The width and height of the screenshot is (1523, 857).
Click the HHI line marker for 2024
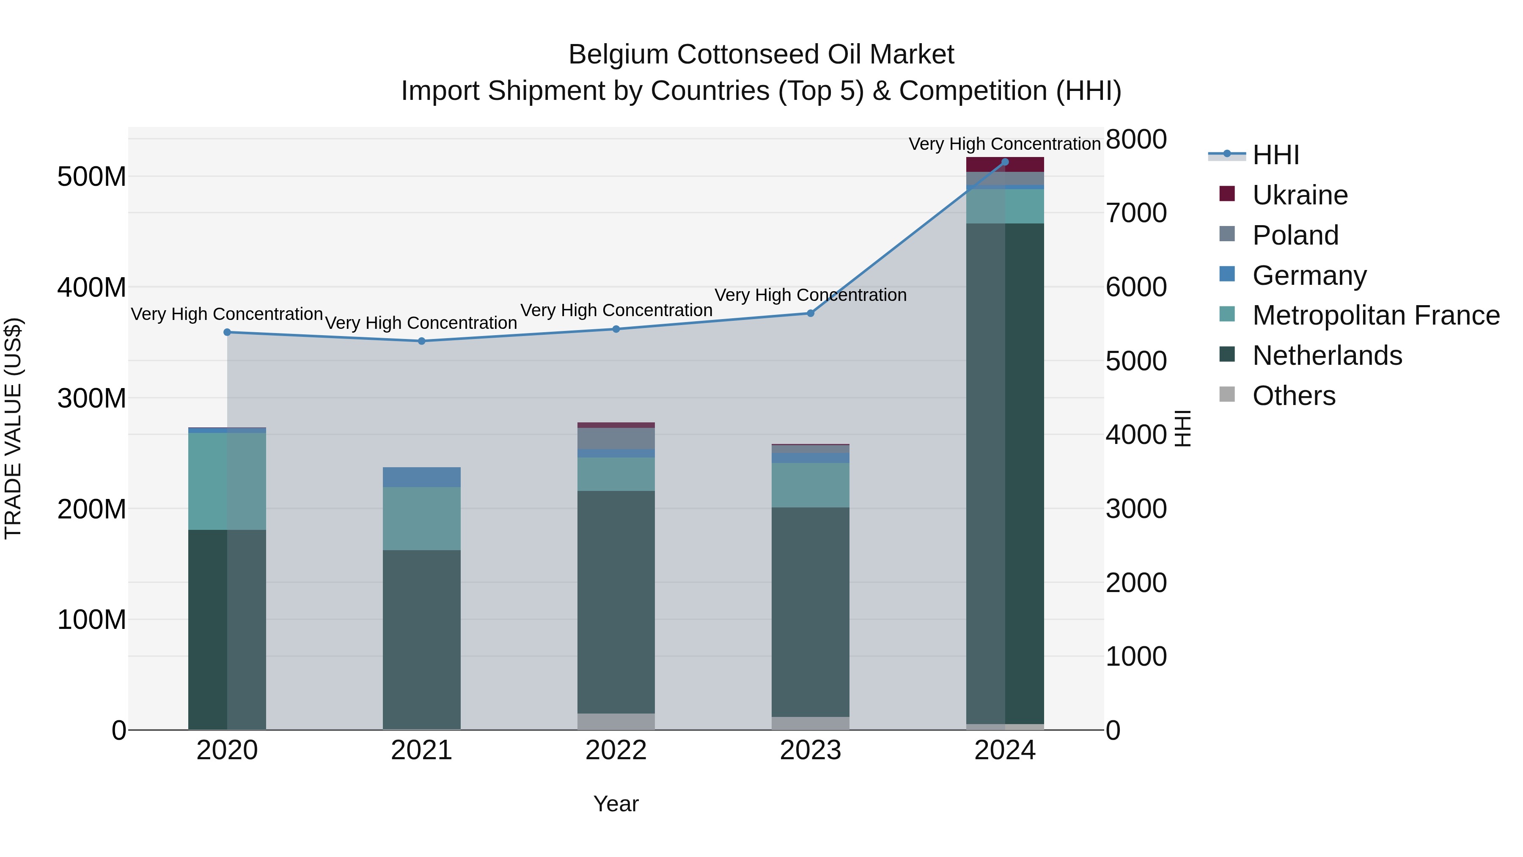1004,162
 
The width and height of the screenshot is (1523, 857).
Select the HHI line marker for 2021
421,341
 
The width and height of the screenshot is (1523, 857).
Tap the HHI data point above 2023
811,314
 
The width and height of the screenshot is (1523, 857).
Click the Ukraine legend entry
1300,195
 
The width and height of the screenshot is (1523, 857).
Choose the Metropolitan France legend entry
1375,315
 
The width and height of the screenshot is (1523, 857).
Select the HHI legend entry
1275,155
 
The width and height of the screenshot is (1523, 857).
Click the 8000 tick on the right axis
1136,140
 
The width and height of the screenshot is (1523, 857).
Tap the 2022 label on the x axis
616,750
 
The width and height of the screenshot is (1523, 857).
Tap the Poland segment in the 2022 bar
616,438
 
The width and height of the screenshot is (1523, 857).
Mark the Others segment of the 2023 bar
811,723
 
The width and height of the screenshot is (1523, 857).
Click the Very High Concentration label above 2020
227,314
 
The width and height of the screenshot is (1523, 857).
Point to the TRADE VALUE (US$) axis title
13,428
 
